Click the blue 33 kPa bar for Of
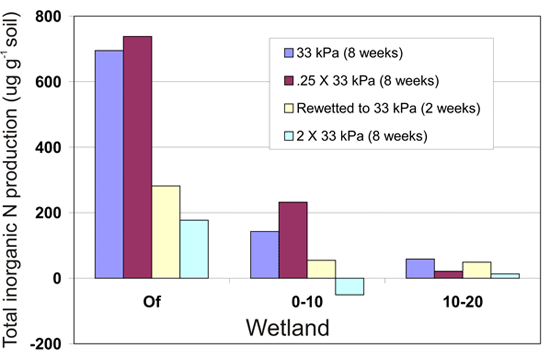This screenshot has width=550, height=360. click(108, 164)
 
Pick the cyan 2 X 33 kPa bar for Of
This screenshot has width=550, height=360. click(194, 249)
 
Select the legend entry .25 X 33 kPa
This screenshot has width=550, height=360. click(363, 79)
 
